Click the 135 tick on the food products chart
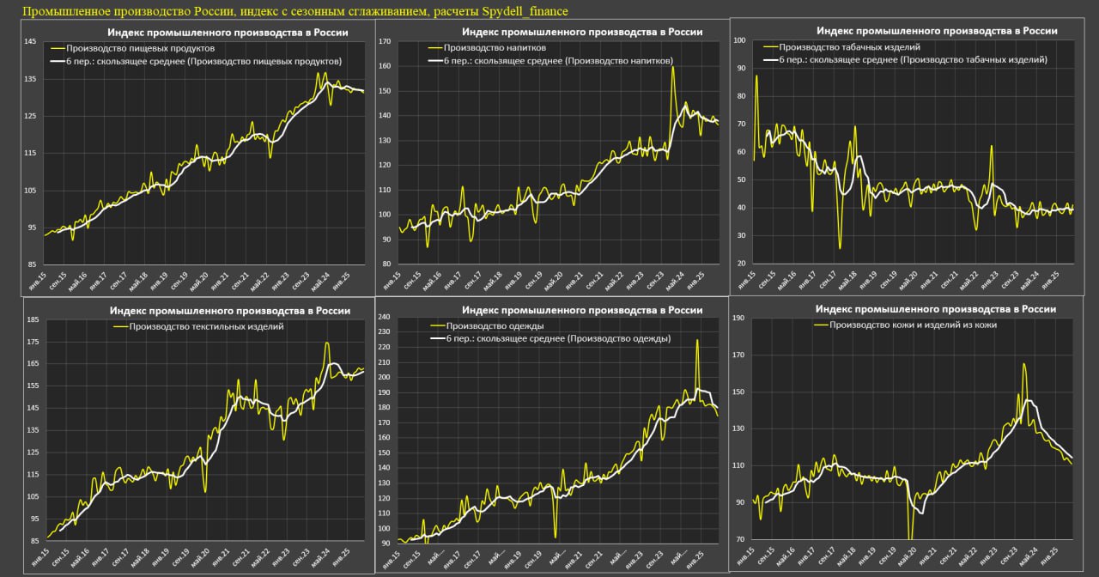[31, 79]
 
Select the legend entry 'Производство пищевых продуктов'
[141, 49]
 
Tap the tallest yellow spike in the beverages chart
[672, 68]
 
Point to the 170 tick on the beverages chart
[386, 41]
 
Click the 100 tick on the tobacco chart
[739, 39]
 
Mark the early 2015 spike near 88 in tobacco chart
[756, 76]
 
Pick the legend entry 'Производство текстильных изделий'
[206, 326]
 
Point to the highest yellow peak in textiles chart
[327, 343]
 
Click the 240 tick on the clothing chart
[386, 317]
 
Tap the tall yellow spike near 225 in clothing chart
[696, 341]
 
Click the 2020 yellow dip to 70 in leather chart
[910, 538]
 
